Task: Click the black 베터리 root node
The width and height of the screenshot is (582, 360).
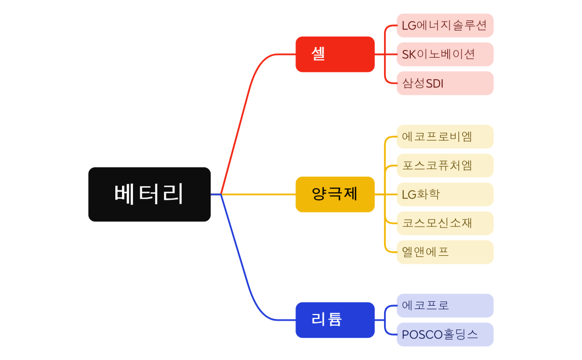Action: click(x=149, y=194)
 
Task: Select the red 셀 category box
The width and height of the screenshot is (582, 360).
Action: click(x=335, y=54)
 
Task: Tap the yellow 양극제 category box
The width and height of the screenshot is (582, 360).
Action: click(x=335, y=194)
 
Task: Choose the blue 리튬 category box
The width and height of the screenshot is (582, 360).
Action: click(x=335, y=320)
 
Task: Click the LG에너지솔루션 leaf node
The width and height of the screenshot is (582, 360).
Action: click(x=445, y=25)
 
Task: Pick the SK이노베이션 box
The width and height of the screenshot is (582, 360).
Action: click(x=445, y=54)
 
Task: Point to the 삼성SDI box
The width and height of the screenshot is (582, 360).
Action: click(x=445, y=83)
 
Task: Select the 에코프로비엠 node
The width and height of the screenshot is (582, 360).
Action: click(x=445, y=137)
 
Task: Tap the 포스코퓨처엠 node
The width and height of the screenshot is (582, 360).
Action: click(x=445, y=166)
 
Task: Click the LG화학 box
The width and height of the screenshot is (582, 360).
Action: click(x=445, y=194)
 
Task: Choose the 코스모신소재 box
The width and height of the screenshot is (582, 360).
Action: click(x=445, y=223)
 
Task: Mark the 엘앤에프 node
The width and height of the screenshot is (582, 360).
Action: click(x=445, y=252)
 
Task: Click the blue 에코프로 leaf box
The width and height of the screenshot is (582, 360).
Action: click(x=445, y=306)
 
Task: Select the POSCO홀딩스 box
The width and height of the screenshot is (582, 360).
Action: click(x=445, y=335)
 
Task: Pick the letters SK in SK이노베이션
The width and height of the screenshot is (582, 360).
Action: click(x=409, y=54)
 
